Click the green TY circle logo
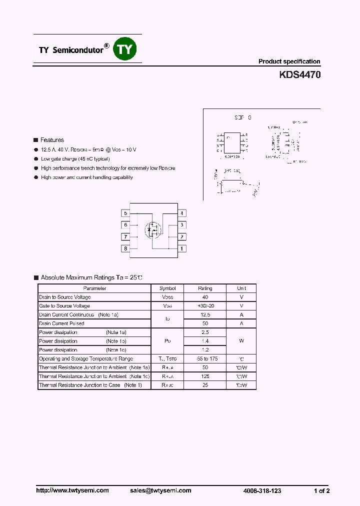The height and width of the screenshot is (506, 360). [125, 49]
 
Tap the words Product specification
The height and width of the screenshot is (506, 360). [289, 61]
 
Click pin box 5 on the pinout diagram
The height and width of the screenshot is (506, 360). [125, 213]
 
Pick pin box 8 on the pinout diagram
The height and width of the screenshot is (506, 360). [125, 248]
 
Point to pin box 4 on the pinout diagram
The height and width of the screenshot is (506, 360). [182, 213]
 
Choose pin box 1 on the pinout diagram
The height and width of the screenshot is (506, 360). [182, 248]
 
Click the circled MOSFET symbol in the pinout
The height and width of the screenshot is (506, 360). [153, 230]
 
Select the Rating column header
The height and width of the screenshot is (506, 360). [205, 288]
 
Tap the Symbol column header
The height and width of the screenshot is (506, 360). [167, 288]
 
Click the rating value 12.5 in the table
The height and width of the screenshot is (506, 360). [205, 315]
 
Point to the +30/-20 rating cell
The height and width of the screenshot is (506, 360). [205, 306]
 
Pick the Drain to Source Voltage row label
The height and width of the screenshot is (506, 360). [65, 297]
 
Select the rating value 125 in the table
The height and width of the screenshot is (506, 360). [205, 376]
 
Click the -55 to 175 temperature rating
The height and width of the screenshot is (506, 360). [205, 359]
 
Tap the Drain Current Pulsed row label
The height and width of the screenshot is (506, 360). [61, 323]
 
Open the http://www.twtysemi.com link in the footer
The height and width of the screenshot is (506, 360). [72, 490]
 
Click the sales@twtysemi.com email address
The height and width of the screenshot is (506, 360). [163, 490]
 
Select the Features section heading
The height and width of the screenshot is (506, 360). [52, 140]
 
